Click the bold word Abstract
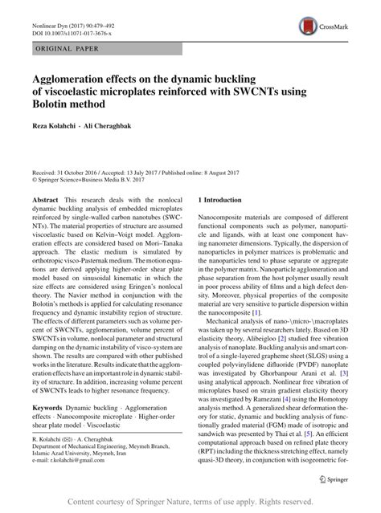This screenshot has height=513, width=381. pyautogui.click(x=45, y=197)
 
